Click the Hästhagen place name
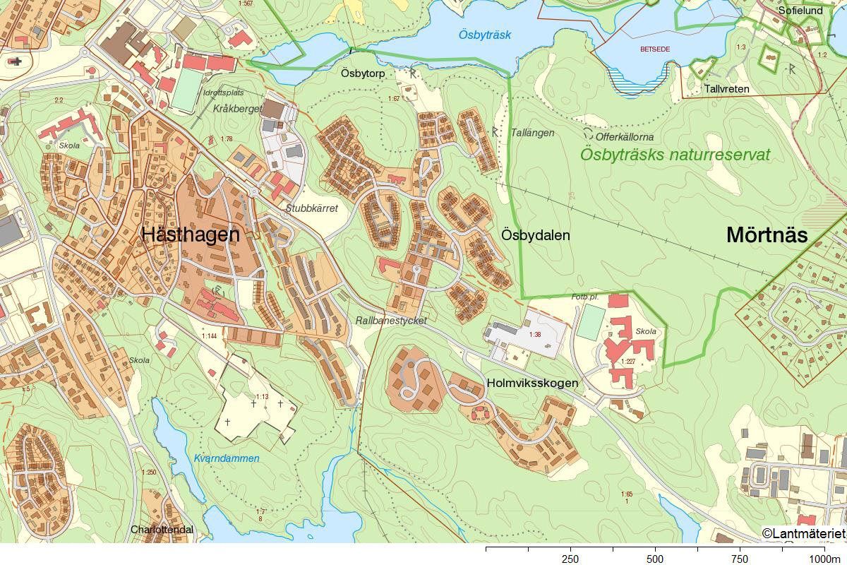[x=191, y=235]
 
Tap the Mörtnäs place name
[x=767, y=235]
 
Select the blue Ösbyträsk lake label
[x=484, y=35]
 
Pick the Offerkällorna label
[x=625, y=136]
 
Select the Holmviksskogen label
[x=532, y=383]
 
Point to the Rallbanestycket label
[x=392, y=320]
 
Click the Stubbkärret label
[x=312, y=208]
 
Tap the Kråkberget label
[x=236, y=109]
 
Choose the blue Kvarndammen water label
[x=227, y=458]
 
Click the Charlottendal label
[x=162, y=529]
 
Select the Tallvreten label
[x=726, y=89]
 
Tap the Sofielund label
[x=800, y=11]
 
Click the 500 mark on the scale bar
[x=655, y=559]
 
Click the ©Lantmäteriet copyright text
[x=803, y=533]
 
